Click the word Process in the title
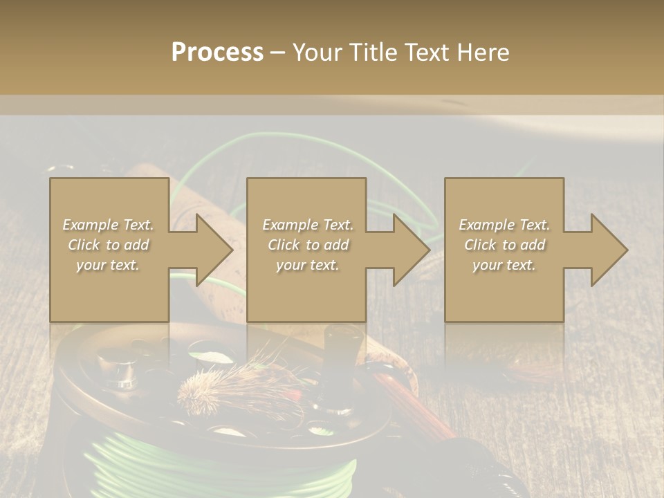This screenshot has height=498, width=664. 217,53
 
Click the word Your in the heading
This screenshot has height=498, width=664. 317,53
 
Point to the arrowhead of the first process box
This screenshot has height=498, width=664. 214,250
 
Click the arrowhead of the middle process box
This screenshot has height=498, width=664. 412,250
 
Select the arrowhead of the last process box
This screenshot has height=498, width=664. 609,250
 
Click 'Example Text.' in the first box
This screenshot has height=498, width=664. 108,225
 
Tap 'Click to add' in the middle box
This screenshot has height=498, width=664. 308,245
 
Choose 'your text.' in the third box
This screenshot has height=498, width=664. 504,265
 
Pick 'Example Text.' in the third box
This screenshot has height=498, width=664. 504,225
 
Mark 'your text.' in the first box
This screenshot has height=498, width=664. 108,265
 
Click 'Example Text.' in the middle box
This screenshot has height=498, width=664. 308,225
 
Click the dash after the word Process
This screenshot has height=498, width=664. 277,53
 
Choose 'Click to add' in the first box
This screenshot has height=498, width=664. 108,245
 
